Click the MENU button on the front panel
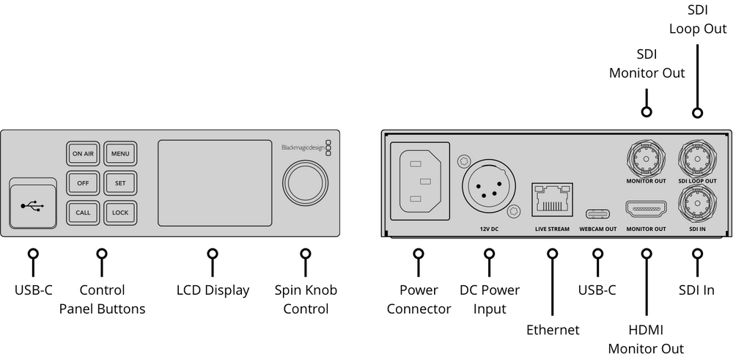[x=119, y=154]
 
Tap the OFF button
[x=83, y=183]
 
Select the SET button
[x=119, y=183]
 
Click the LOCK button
[x=119, y=213]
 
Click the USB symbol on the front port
[x=33, y=206]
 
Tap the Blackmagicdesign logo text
[x=302, y=147]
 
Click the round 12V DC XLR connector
[x=489, y=184]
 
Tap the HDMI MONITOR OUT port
[x=646, y=209]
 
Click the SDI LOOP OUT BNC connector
[x=697, y=155]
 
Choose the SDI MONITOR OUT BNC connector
[x=646, y=155]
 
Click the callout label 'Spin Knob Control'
[x=305, y=299]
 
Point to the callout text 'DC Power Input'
[x=489, y=299]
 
